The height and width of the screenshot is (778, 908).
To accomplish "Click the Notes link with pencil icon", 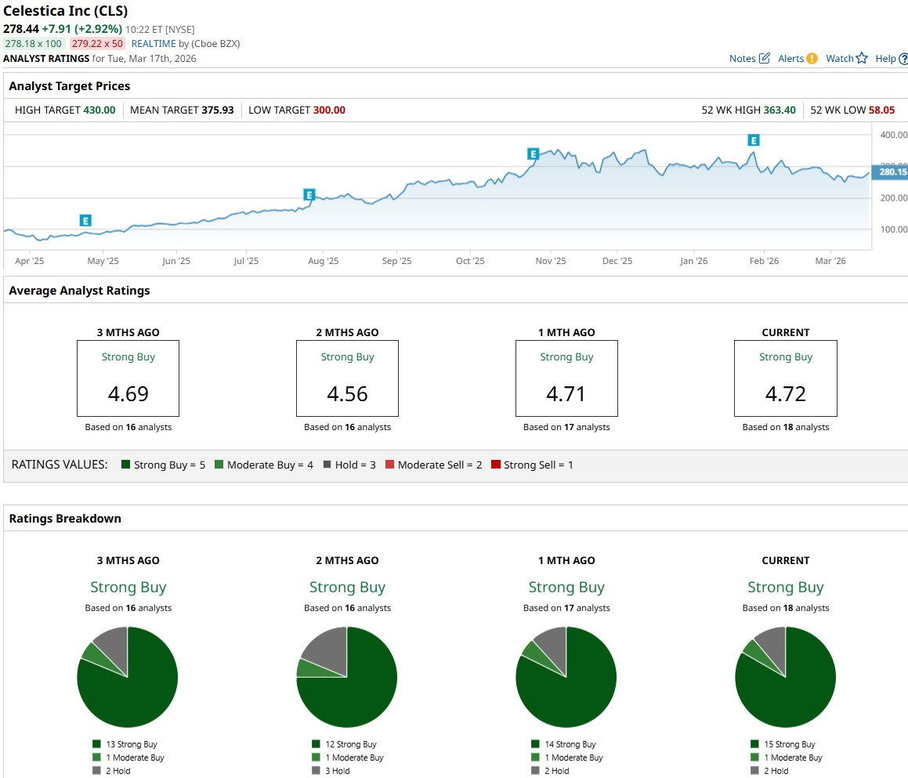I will [x=750, y=59].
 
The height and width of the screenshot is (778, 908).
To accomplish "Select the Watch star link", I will [x=847, y=59].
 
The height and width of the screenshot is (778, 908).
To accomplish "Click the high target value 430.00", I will [x=99, y=110].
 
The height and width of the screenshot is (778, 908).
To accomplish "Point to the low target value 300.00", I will [x=329, y=110].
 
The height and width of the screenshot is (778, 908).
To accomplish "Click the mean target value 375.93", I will [x=217, y=110].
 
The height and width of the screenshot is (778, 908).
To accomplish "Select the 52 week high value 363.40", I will [x=780, y=110].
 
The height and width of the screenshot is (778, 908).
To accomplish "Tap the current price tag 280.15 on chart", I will [x=892, y=172].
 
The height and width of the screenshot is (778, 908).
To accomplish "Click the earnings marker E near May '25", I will [x=85, y=221].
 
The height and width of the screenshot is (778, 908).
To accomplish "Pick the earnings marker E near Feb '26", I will [x=754, y=140].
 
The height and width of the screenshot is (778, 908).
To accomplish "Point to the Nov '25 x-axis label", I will [x=551, y=261].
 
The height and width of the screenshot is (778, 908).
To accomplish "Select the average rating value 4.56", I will [x=347, y=393].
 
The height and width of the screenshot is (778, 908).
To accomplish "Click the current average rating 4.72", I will [x=785, y=393].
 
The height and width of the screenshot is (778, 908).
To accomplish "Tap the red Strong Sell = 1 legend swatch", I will [x=495, y=465].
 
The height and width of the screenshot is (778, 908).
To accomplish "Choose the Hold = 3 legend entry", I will [x=349, y=465].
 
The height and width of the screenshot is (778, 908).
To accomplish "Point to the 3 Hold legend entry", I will [x=338, y=771].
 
